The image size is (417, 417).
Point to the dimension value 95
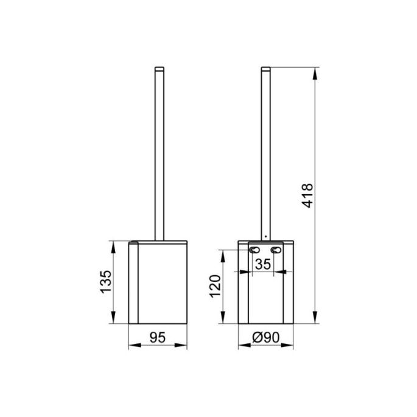point(159,335)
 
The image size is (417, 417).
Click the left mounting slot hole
point(253,251)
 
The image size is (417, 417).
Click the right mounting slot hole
point(278,251)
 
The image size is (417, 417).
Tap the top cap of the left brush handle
point(160,68)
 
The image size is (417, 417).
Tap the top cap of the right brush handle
point(265,68)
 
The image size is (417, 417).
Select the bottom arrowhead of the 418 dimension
point(315,320)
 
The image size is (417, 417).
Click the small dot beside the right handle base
point(266,235)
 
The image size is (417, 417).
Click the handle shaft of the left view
point(160,152)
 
